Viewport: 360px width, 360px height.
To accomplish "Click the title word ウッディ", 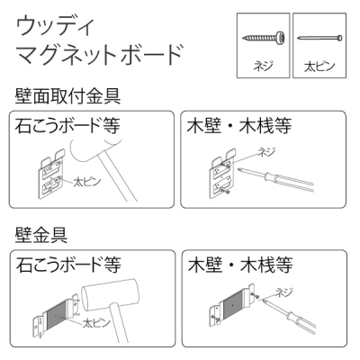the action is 55,27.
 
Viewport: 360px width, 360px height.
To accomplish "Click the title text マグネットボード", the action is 99,55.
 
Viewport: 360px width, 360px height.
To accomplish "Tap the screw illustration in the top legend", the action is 263,38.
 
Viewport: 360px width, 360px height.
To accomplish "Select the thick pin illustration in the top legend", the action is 319,38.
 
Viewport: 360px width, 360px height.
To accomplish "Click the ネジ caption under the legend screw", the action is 263,65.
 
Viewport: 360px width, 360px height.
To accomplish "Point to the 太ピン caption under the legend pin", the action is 319,66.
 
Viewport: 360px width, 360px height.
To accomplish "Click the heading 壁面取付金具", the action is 67,96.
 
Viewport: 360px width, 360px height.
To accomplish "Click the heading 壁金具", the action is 41,235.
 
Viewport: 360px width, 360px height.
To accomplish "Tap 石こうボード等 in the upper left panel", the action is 67,125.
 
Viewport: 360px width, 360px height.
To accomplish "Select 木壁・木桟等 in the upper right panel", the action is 239,125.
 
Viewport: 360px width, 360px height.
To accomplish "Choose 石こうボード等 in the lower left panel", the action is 68,265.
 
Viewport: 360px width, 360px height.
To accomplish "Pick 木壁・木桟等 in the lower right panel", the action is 240,265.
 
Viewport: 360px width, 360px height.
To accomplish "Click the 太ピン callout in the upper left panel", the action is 87,182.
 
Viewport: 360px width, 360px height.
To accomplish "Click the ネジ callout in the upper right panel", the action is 266,153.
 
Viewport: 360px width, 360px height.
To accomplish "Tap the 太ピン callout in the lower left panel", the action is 96,323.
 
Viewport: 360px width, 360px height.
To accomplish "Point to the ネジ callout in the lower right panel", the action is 283,292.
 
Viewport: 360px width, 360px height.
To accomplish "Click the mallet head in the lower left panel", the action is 110,294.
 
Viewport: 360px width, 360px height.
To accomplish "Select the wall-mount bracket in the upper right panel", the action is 221,175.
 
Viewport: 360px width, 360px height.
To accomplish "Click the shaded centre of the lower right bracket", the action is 233,306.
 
